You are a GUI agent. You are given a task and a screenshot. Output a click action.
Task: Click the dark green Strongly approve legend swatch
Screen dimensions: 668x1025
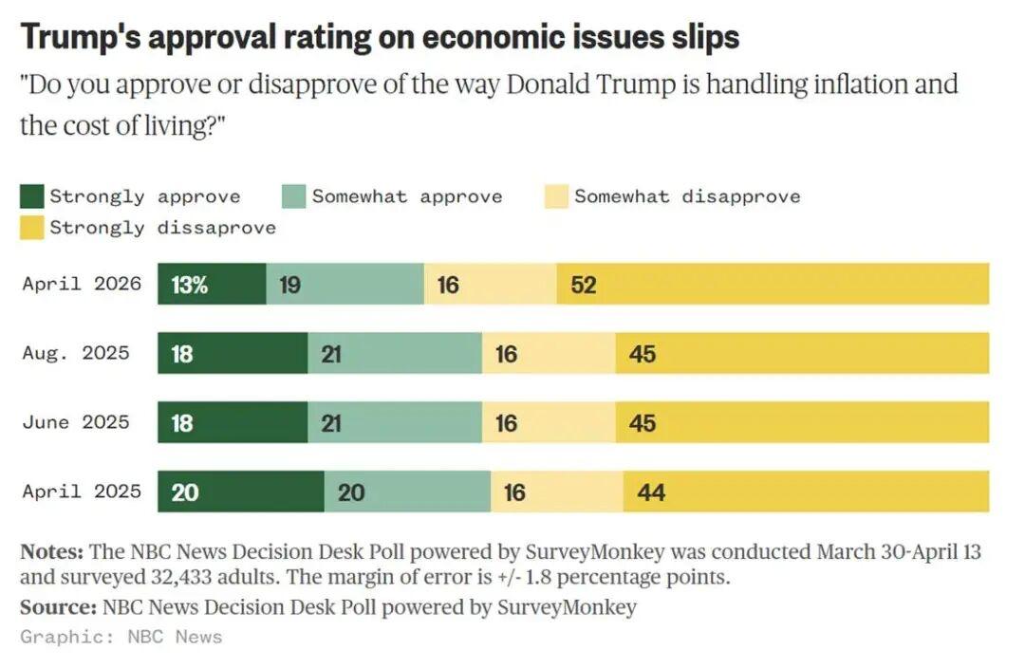32,196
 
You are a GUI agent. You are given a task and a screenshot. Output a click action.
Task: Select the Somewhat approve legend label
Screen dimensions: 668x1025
406,196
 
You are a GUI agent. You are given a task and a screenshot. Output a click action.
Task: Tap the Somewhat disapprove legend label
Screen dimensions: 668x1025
686,196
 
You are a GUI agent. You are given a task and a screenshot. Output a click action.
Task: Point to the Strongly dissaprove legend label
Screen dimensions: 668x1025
162,228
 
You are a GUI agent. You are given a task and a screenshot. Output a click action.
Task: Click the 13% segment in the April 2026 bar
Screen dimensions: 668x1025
212,285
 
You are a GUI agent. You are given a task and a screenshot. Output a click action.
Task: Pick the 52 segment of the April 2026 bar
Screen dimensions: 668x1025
773,285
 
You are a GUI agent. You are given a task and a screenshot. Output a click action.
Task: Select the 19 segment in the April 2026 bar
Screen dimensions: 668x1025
345,285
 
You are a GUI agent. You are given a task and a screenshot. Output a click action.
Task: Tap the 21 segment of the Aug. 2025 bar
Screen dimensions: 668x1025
395,354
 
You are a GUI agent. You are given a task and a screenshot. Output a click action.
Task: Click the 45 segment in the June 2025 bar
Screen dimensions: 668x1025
802,422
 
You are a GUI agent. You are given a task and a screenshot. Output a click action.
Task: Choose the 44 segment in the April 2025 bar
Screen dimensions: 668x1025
806,492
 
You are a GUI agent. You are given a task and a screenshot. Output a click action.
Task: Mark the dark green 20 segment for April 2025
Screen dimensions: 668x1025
240,492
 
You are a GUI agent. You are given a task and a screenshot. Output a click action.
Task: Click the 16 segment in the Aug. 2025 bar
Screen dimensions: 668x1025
549,354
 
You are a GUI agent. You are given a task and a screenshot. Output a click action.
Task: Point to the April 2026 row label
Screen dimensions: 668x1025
82,284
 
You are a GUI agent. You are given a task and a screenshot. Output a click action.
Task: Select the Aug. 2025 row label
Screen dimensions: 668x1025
76,353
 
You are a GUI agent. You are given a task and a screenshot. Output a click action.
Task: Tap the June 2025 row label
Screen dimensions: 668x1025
76,421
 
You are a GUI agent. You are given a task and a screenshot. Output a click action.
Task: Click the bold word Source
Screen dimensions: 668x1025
58,606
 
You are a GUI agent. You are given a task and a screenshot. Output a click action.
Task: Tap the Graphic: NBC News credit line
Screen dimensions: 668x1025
121,637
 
